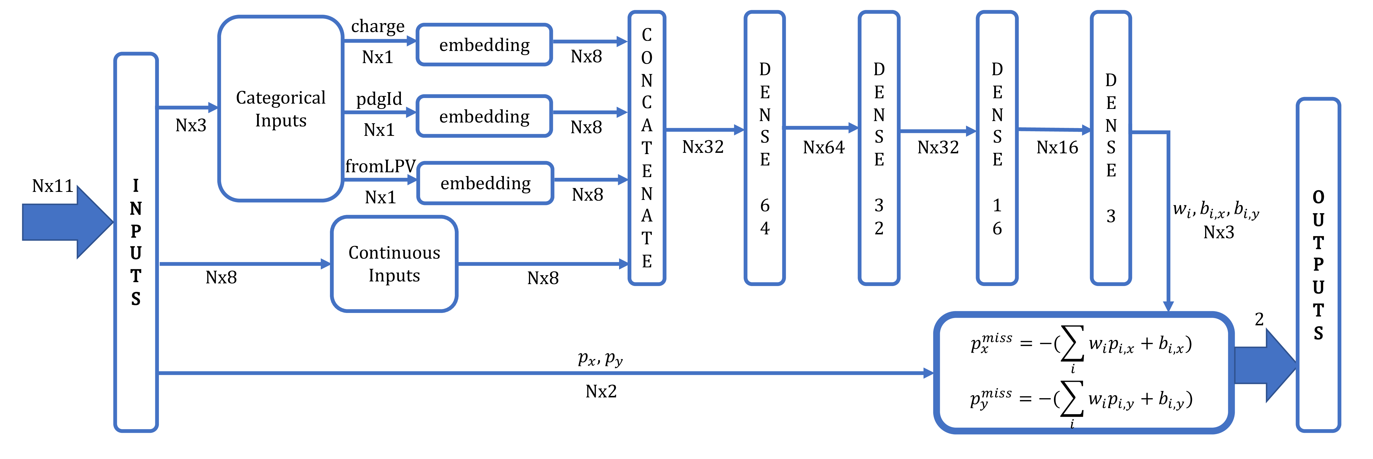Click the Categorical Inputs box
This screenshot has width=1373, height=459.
[280, 109]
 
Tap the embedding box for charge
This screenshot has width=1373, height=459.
[484, 45]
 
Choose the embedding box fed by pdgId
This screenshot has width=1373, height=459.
[484, 116]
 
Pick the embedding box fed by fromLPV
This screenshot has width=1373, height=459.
[485, 183]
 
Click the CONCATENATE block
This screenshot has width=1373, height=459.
[647, 148]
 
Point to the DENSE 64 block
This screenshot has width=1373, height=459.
[764, 148]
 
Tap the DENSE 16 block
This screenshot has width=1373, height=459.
[997, 148]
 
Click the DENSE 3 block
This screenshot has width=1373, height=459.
[1111, 148]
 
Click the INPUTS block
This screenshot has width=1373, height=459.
[136, 242]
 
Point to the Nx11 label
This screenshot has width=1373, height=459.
[52, 186]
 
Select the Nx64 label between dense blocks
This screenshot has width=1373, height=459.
[823, 148]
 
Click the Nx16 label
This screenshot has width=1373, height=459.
[1057, 148]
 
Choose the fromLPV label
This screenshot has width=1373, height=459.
[380, 166]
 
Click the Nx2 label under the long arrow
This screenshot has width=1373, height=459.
[601, 391]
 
